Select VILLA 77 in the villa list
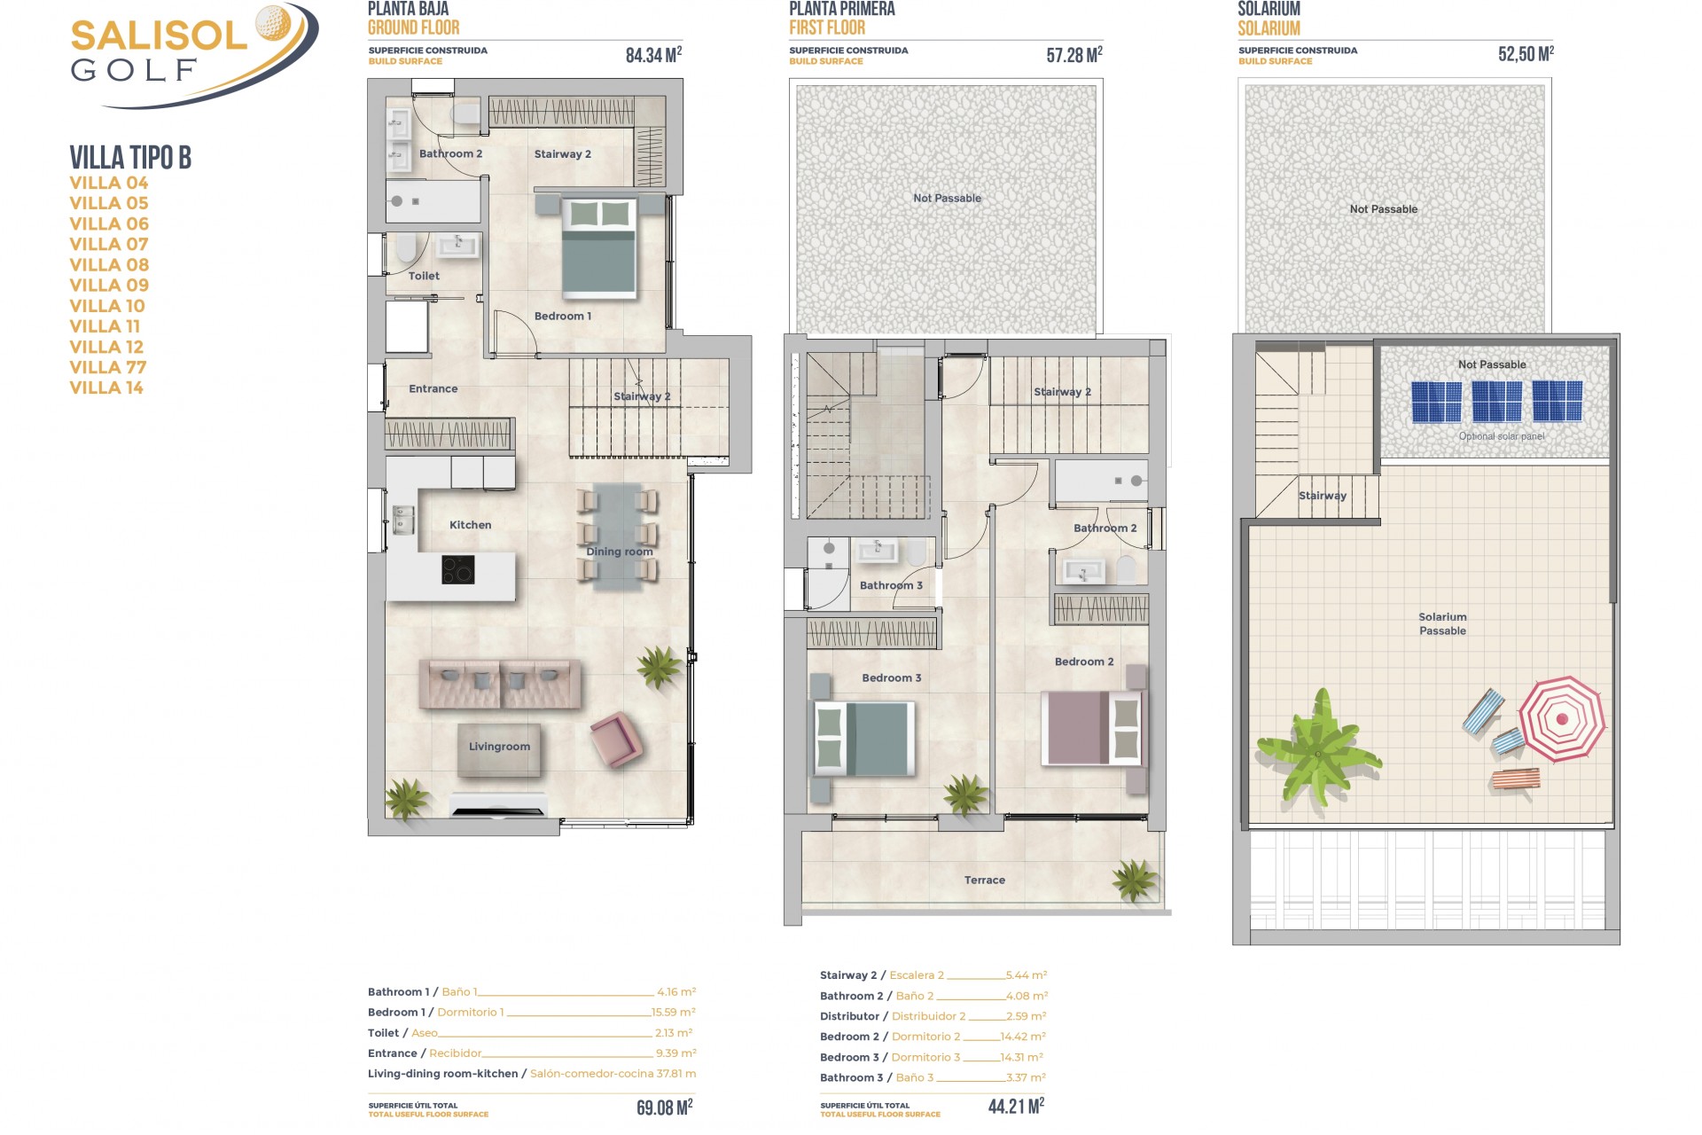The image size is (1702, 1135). click(108, 367)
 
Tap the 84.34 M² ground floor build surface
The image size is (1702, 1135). click(653, 55)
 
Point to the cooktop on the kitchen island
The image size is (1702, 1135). click(457, 569)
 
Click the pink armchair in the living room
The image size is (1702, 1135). click(616, 739)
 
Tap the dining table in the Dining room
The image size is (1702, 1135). click(618, 536)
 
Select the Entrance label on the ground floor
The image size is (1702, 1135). click(433, 388)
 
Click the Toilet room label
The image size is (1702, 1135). click(424, 276)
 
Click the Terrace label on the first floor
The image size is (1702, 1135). click(984, 881)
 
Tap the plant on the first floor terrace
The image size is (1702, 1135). click(1135, 881)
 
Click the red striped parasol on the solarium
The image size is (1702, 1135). click(1562, 719)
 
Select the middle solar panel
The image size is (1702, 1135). click(1496, 401)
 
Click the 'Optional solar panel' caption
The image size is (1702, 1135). click(1501, 436)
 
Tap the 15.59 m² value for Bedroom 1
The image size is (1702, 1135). click(673, 1013)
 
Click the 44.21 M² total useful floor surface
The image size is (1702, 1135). click(1016, 1106)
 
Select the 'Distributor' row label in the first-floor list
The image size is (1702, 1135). click(849, 1016)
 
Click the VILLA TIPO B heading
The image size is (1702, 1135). click(130, 158)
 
